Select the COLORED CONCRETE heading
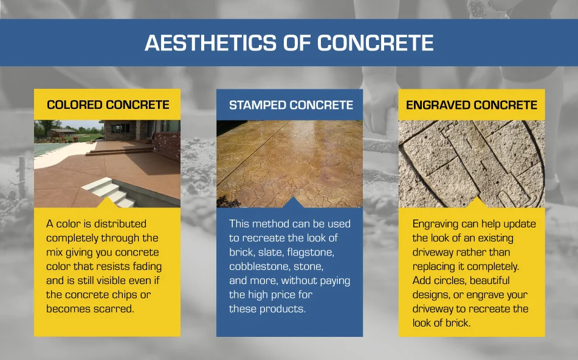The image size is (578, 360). pyautogui.click(x=108, y=105)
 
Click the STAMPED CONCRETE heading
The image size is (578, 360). pyautogui.click(x=291, y=105)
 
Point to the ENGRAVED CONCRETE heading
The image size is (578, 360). pyautogui.click(x=472, y=105)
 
